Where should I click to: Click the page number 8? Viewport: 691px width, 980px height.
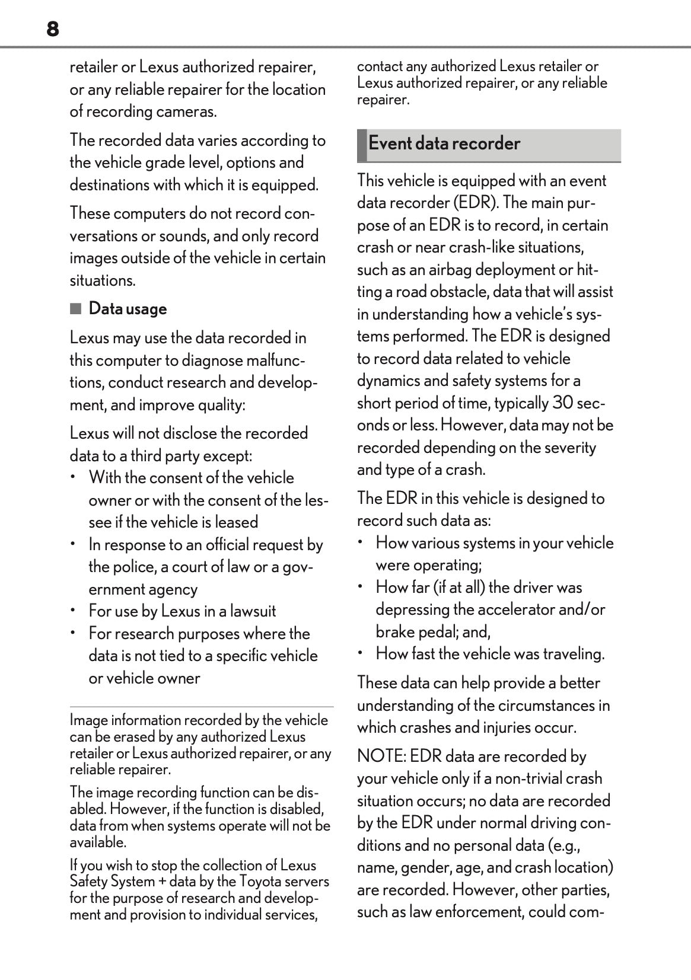coord(53,29)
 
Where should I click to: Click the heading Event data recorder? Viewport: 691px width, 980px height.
coord(444,143)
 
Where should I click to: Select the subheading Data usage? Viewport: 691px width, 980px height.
coord(128,309)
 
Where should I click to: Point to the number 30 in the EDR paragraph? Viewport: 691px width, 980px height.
coord(563,403)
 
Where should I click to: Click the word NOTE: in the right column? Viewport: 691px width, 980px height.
coord(381,756)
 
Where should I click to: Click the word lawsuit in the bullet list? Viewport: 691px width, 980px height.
coord(253,611)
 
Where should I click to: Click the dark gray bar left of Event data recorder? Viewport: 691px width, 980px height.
coord(361,145)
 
